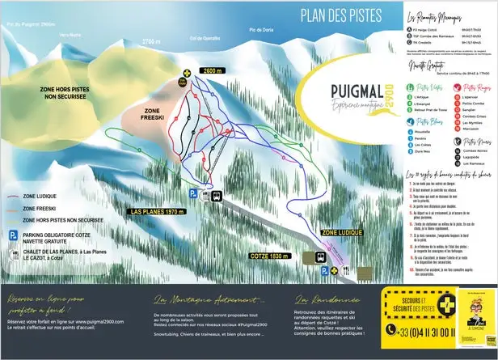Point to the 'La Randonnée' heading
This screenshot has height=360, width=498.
click(x=323, y=299)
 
